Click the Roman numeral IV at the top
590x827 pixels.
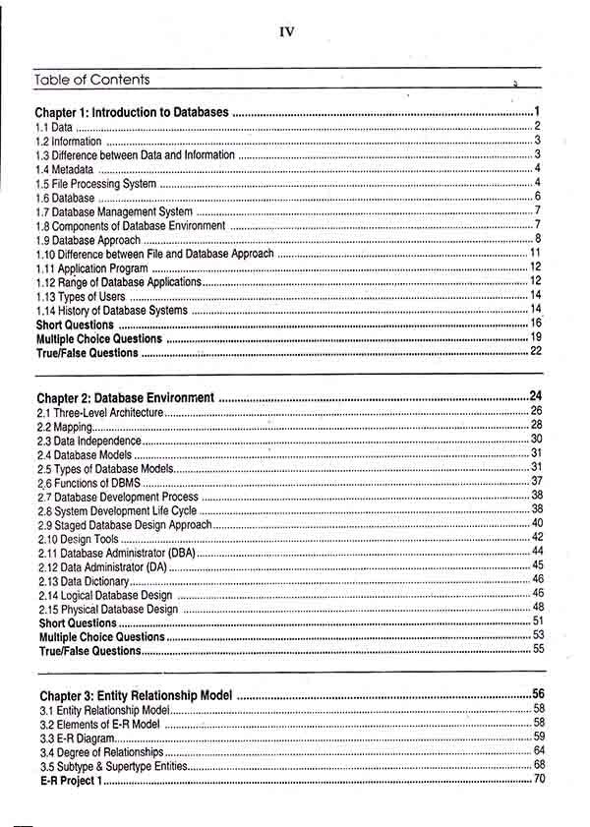(x=287, y=31)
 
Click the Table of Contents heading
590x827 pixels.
(x=91, y=80)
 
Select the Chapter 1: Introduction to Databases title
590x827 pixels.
(x=132, y=113)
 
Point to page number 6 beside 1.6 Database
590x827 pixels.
(x=539, y=197)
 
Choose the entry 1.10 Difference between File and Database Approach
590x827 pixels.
(x=154, y=254)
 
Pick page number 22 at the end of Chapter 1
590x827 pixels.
(x=536, y=351)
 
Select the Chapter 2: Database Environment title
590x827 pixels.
(x=126, y=398)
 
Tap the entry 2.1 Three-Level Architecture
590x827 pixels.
(x=99, y=413)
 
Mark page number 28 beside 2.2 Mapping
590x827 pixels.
(x=537, y=425)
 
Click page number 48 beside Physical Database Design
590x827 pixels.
(x=538, y=608)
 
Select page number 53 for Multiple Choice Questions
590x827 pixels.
(x=538, y=635)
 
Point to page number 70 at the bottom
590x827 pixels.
(x=539, y=780)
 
